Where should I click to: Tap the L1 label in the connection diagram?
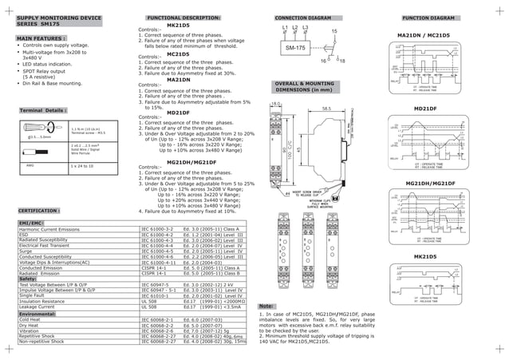285,29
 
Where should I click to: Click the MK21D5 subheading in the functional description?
178,26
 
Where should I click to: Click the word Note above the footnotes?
267,307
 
